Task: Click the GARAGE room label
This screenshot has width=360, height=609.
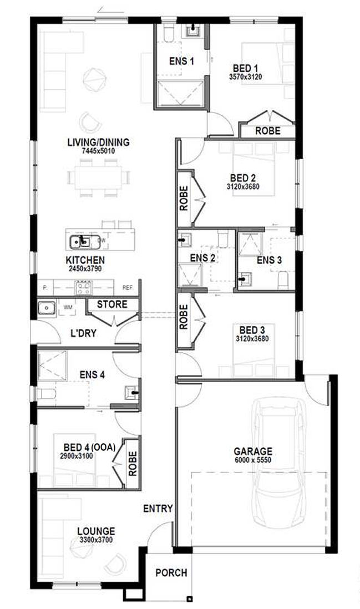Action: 253,451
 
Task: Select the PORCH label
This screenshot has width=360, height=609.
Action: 171,573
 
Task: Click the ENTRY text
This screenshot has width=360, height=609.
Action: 158,508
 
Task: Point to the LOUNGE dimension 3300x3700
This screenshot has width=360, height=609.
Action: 97,539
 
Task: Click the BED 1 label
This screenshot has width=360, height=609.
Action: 245,70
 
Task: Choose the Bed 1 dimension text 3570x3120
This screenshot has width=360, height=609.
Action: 245,78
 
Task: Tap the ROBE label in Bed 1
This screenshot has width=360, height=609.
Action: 267,131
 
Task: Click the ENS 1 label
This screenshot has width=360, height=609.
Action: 181,61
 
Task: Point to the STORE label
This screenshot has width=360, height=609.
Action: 112,304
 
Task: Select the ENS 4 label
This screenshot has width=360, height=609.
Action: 93,374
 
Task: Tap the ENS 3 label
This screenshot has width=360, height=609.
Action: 269,260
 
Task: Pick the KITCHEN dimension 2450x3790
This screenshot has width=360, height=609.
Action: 85,268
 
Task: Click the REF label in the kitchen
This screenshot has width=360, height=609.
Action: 128,288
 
